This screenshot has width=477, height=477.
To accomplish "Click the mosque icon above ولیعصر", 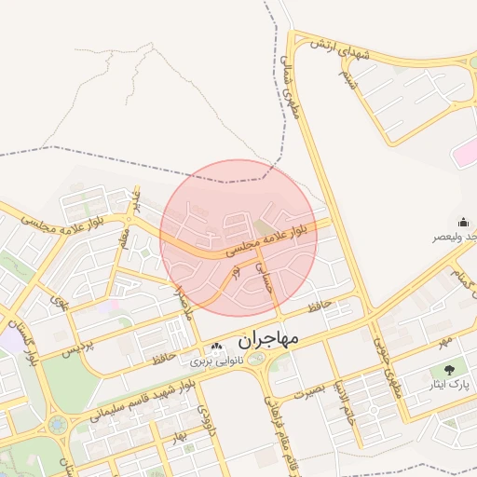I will click(x=463, y=222).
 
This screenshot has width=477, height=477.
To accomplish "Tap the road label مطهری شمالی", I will click(x=288, y=89).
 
